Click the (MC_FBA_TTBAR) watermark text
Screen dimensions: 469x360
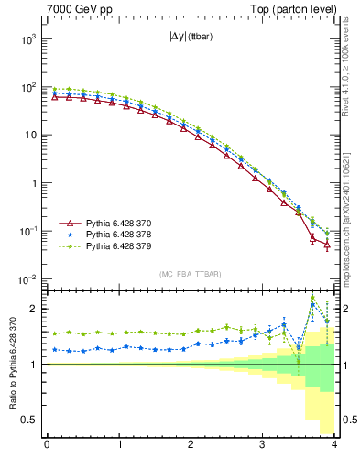(191, 274)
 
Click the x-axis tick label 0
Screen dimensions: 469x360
(47, 446)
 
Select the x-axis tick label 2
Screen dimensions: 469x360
(191, 446)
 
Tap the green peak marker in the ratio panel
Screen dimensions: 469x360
(312, 298)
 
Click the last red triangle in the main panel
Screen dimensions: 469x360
(327, 245)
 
